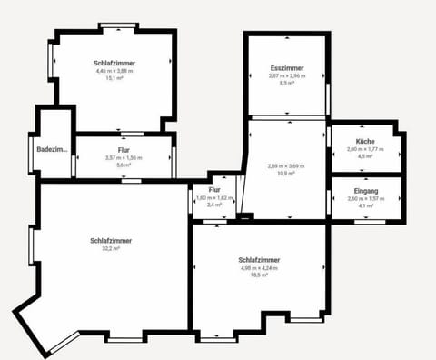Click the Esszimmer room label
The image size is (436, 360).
[x=286, y=68]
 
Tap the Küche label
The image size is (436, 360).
[x=366, y=142]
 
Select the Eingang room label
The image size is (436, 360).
[x=366, y=191]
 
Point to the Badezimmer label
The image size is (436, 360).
[x=53, y=149]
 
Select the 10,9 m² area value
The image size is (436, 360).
[x=286, y=174]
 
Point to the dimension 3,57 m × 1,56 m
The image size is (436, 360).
[x=124, y=157]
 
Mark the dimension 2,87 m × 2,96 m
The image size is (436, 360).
[x=286, y=75]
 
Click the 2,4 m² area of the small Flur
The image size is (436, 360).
[x=214, y=205]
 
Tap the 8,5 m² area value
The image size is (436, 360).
[x=286, y=83]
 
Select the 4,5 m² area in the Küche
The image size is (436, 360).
[x=366, y=156]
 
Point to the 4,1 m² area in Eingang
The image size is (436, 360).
[x=366, y=205]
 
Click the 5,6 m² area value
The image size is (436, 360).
[x=124, y=165]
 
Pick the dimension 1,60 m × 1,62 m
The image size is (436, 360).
[x=214, y=197]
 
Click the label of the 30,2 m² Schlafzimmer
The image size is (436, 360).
[x=111, y=240]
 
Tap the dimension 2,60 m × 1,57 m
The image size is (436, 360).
[x=366, y=198]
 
